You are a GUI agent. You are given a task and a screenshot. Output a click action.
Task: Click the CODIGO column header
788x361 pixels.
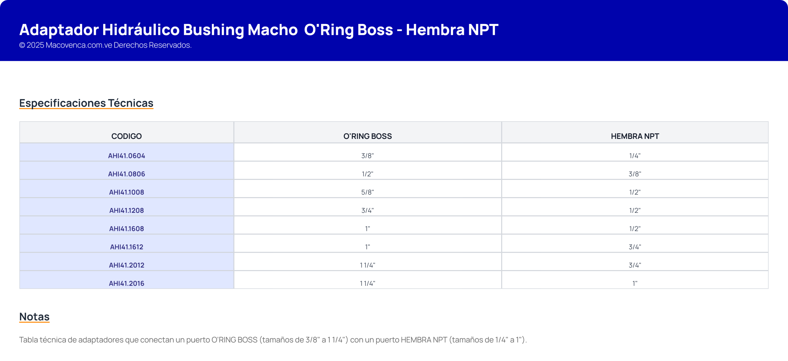tap(127, 136)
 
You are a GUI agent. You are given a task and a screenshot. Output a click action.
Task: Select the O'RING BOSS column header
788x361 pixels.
tap(368, 136)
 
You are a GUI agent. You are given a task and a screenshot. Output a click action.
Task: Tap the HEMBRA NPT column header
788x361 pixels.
tap(635, 136)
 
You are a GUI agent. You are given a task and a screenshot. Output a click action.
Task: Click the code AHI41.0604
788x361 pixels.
tap(127, 156)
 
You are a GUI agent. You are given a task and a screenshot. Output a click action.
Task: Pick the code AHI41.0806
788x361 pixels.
tap(127, 174)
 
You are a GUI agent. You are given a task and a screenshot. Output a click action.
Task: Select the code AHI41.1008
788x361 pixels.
tap(127, 192)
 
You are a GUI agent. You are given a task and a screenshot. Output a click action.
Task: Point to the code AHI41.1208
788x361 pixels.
tap(127, 210)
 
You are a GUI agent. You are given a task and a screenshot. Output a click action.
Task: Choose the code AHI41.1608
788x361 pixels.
tap(127, 229)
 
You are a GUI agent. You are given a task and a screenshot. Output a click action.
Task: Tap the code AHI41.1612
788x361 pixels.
tap(127, 247)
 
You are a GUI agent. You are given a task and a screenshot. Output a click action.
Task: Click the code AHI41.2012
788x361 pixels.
tap(127, 265)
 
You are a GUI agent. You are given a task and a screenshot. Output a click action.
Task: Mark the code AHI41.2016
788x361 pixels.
tap(127, 283)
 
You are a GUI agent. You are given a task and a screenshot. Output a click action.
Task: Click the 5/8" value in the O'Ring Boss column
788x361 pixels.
tap(368, 192)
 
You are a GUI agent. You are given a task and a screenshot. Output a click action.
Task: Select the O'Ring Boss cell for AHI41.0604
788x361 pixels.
tap(368, 156)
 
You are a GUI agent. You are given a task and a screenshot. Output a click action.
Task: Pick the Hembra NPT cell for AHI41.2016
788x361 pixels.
tap(635, 283)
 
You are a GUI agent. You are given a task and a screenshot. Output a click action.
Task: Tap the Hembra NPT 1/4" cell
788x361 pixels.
tap(635, 156)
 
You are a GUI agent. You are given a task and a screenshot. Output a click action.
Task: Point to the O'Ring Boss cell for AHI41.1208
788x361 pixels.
tap(368, 210)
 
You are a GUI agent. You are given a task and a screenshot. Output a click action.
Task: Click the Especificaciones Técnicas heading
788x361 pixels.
tap(86, 103)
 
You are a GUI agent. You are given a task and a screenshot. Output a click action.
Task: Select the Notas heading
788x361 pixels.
tap(34, 317)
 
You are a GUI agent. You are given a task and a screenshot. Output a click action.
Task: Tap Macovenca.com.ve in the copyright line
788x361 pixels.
tap(79, 45)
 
